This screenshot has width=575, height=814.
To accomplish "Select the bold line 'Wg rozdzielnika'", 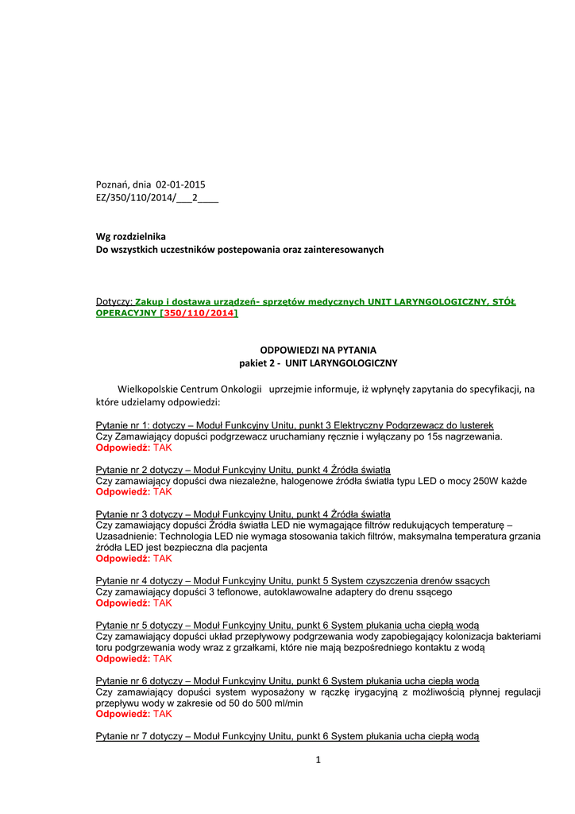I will pyautogui.click(x=131, y=236).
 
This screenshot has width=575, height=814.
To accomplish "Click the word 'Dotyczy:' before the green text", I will pyautogui.click(x=114, y=302).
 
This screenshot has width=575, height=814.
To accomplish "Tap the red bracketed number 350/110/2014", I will pyautogui.click(x=199, y=313).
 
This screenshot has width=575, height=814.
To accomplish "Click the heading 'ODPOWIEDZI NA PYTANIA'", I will pyautogui.click(x=318, y=350).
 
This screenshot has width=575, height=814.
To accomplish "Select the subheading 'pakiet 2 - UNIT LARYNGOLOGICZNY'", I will pyautogui.click(x=318, y=362).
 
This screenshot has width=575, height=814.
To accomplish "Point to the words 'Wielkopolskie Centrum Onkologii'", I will pyautogui.click(x=189, y=389).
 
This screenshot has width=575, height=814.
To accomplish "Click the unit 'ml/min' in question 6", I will pyautogui.click(x=287, y=704).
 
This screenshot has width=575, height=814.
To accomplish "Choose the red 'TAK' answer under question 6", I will pyautogui.click(x=163, y=715).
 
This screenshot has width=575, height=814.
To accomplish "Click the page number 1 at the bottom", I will pyautogui.click(x=318, y=761).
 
